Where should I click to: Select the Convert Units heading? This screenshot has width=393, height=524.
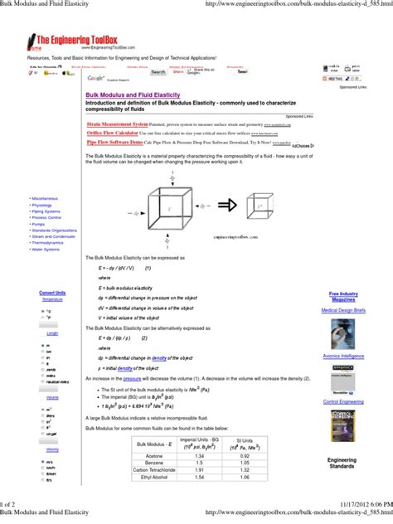(52, 293)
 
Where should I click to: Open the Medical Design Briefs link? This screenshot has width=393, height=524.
(342, 310)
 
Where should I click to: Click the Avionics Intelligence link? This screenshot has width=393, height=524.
(342, 356)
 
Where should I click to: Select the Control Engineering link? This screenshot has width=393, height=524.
(342, 401)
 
